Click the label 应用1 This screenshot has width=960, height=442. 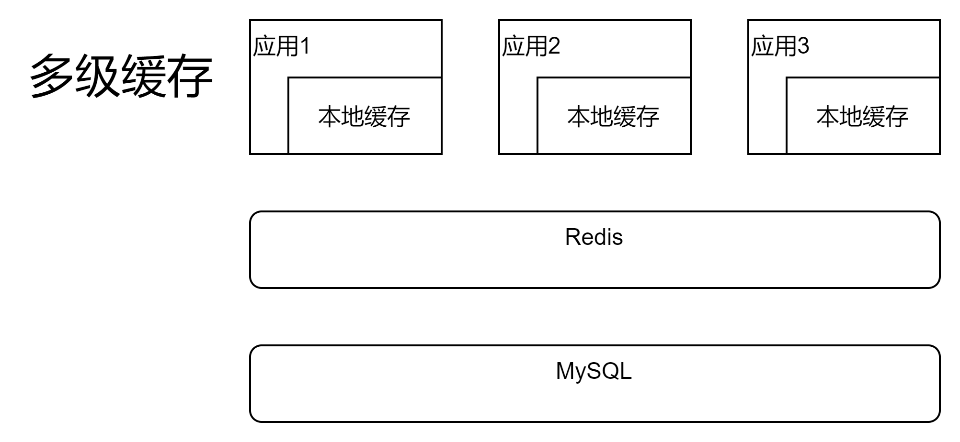[x=282, y=46]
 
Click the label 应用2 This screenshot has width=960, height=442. [x=531, y=46]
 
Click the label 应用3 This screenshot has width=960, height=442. [x=780, y=46]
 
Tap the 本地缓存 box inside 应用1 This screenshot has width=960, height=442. [x=364, y=116]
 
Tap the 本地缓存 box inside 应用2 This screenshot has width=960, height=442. [x=613, y=116]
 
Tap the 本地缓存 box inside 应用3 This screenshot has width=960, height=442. [x=862, y=116]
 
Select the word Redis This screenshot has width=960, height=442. [x=594, y=237]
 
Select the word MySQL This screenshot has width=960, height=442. [x=594, y=371]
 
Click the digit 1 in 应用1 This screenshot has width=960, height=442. [x=305, y=46]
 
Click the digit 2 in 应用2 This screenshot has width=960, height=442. [x=554, y=46]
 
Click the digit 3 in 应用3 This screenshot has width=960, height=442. [x=803, y=46]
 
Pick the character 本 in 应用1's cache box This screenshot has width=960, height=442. [x=330, y=117]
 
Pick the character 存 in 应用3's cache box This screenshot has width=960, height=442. [x=897, y=117]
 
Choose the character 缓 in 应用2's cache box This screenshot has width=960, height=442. [x=625, y=117]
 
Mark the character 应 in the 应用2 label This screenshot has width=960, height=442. [x=513, y=46]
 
